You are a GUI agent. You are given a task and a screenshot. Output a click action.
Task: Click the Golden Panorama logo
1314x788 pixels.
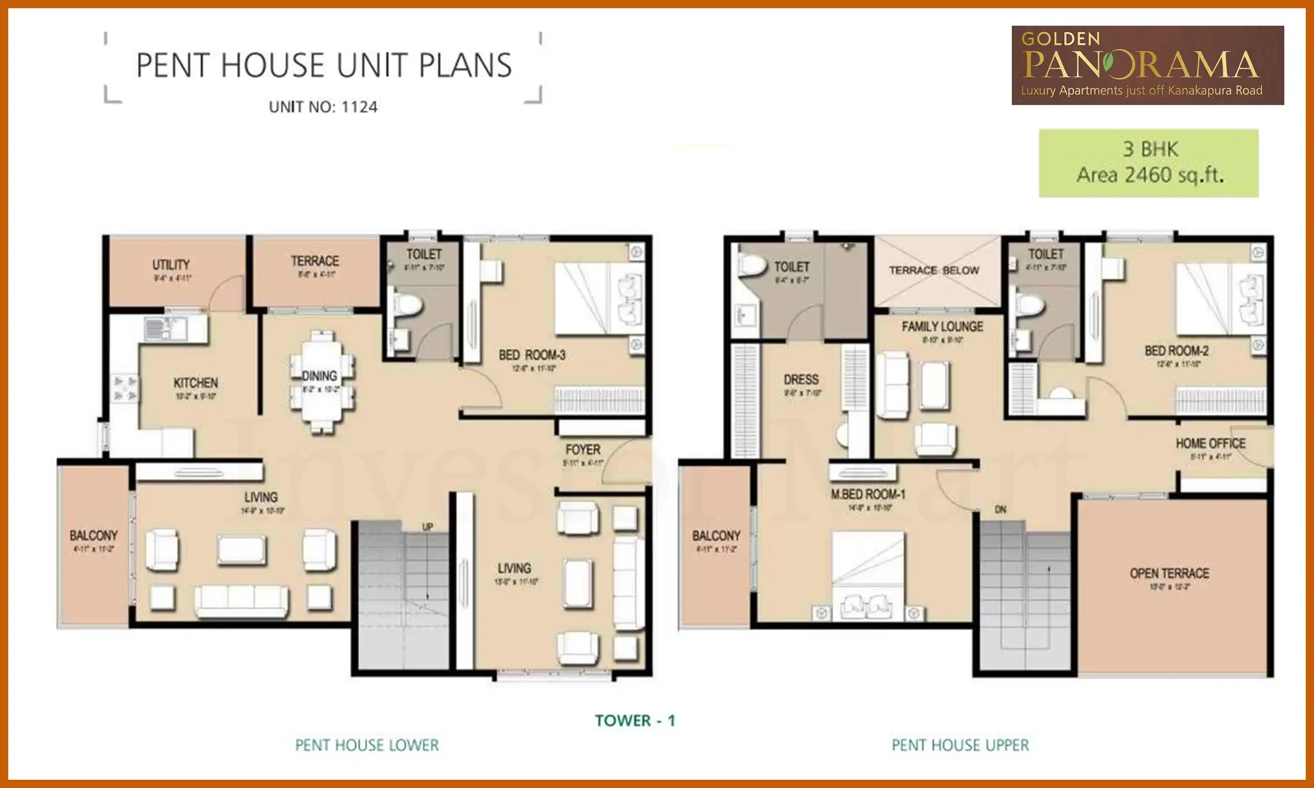(1147, 65)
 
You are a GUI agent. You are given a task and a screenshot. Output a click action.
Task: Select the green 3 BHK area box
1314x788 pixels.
(1148, 163)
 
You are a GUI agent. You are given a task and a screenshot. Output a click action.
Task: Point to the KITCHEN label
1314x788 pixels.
(195, 383)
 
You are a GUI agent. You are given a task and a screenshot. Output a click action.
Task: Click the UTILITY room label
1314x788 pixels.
(171, 265)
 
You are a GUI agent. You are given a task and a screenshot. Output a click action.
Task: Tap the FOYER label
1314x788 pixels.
(583, 450)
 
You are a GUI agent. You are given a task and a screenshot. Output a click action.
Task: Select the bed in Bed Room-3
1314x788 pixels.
(600, 298)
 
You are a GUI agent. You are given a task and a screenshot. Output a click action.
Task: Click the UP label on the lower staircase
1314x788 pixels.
(428, 526)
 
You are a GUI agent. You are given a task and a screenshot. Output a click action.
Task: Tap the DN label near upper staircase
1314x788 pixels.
(1000, 509)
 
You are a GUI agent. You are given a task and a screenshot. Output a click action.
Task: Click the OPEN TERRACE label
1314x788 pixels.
(1169, 573)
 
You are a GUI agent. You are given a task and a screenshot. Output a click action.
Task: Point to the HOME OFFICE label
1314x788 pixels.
(1211, 443)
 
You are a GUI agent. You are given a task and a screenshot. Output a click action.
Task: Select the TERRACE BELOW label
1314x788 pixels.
(934, 270)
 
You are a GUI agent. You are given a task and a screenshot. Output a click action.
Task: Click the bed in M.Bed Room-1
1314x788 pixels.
(867, 575)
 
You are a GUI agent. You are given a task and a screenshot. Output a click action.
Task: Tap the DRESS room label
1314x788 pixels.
(801, 380)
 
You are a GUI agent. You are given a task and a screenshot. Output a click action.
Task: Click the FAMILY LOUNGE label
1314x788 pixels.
(942, 327)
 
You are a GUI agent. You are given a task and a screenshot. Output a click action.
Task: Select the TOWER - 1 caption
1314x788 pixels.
(635, 721)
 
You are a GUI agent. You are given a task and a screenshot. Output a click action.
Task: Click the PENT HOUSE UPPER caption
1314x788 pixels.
(960, 745)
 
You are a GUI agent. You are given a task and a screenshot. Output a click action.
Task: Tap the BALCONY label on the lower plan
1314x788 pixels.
(93, 535)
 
